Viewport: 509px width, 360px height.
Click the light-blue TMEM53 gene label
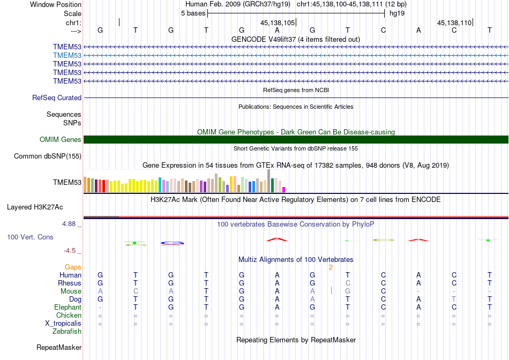tap(67, 55)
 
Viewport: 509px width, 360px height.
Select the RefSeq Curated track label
tap(57, 98)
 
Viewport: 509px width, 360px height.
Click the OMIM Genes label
tap(61, 140)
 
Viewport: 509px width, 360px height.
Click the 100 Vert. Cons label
tap(30, 237)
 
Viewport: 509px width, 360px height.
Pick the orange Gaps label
tap(73, 267)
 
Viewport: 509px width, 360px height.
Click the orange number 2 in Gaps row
tap(331, 267)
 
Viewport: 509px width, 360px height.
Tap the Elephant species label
tap(68, 307)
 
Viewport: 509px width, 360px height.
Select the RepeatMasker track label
tap(59, 348)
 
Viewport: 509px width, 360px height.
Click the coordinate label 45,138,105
tap(278, 23)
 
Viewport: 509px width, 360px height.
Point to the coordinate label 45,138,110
tap(454, 23)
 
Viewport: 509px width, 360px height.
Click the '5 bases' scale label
tap(193, 13)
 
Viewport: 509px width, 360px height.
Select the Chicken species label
tap(69, 316)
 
